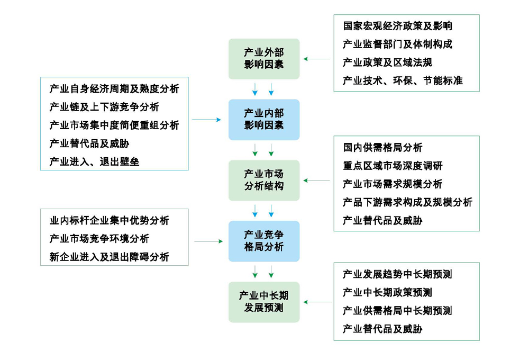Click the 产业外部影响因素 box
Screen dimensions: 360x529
[x=264, y=59]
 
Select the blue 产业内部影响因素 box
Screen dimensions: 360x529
[x=264, y=120]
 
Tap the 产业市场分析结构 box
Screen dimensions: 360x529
[x=264, y=181]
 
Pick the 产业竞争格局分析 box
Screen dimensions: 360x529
[x=264, y=241]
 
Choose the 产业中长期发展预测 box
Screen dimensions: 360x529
[x=264, y=302]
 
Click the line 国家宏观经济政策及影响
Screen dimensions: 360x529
[x=397, y=26]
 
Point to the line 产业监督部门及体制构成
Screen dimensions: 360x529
[x=397, y=44]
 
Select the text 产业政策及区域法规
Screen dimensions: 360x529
[x=387, y=62]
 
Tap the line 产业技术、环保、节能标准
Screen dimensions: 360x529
[x=403, y=80]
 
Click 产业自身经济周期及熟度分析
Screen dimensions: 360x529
[x=114, y=88]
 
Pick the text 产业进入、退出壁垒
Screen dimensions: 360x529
[x=94, y=162]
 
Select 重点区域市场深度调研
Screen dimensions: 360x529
[x=393, y=166]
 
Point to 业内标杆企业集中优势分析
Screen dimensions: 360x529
[x=109, y=221]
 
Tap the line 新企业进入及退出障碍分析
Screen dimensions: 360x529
[x=109, y=257]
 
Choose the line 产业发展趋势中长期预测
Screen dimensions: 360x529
[x=397, y=274]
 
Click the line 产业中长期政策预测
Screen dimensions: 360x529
[x=387, y=293]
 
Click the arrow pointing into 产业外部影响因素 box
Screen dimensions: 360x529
[x=316, y=59]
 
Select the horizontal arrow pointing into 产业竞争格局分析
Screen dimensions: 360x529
[x=208, y=241]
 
